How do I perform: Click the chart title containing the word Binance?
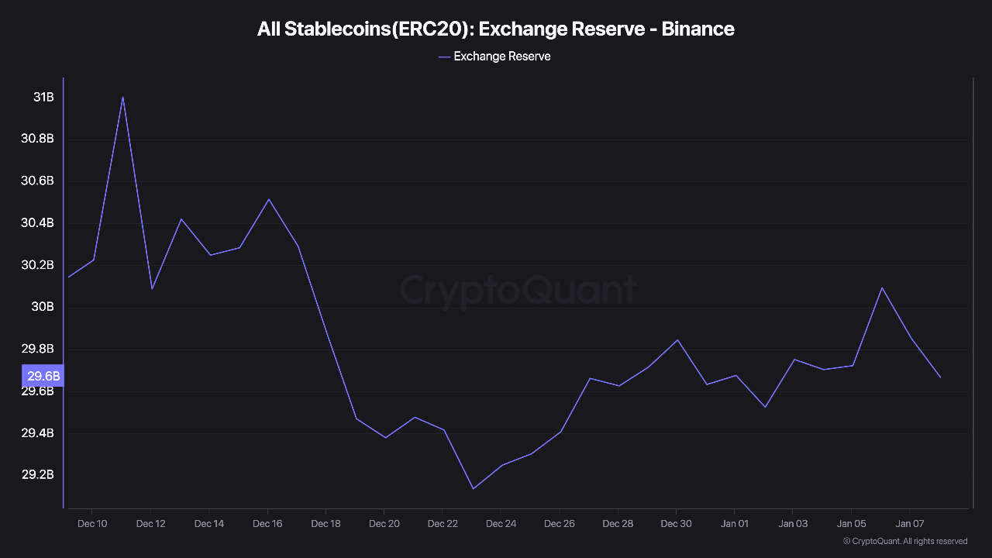[x=496, y=29]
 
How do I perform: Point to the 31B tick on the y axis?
[x=43, y=98]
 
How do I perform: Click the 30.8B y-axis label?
[x=37, y=139]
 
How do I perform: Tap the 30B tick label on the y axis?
[x=43, y=307]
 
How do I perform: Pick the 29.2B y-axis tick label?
[x=37, y=475]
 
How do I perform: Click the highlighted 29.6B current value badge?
[x=43, y=377]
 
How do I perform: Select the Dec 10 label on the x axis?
[x=92, y=524]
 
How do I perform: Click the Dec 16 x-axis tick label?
[x=267, y=524]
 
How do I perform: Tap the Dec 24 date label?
[x=501, y=524]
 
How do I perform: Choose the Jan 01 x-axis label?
[x=734, y=524]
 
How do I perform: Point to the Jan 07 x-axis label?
[x=909, y=524]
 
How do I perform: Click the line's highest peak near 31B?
[x=122, y=97]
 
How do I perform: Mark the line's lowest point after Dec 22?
[x=473, y=488]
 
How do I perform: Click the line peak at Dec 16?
[x=268, y=199]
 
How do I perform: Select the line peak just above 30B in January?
[x=881, y=288]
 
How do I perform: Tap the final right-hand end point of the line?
[x=940, y=377]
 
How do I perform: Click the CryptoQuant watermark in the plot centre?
[x=518, y=291]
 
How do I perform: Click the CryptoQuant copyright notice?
[x=904, y=541]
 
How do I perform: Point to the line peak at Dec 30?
[x=677, y=339]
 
